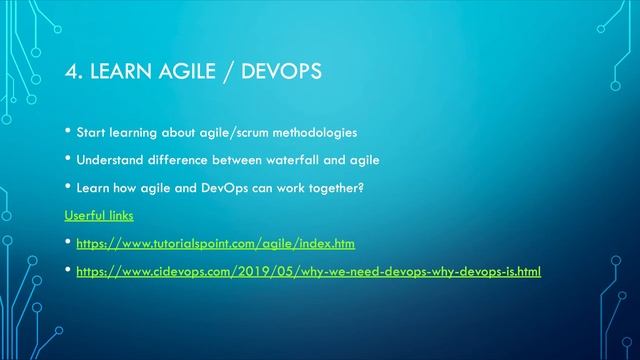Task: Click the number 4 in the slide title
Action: pyautogui.click(x=70, y=71)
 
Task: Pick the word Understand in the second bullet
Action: pyautogui.click(x=110, y=160)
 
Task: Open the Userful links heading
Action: pyautogui.click(x=99, y=215)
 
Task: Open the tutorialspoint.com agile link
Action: pyautogui.click(x=215, y=243)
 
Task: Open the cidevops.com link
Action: pyautogui.click(x=308, y=270)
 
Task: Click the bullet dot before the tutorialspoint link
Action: pyautogui.click(x=68, y=242)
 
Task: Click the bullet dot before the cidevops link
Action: pyautogui.click(x=68, y=269)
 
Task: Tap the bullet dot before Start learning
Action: pyautogui.click(x=68, y=132)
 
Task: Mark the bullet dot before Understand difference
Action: pyautogui.click(x=68, y=159)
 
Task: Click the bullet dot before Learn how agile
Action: pyautogui.click(x=68, y=186)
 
